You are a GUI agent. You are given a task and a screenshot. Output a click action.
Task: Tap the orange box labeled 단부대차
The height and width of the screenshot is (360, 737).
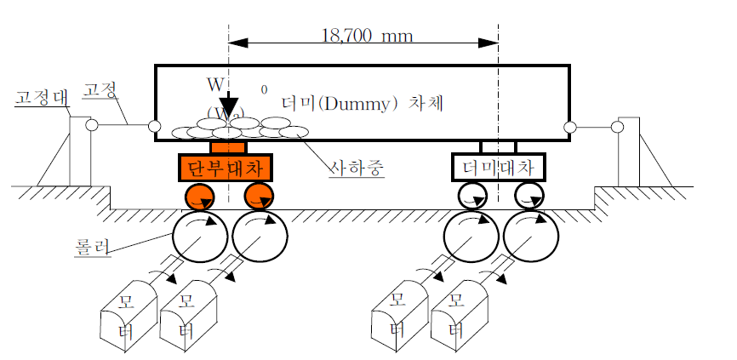point(228,167)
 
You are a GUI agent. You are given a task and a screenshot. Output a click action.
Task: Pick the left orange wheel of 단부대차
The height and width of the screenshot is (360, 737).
point(200,197)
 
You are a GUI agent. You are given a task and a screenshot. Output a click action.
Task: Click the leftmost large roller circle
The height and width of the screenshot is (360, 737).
point(197,236)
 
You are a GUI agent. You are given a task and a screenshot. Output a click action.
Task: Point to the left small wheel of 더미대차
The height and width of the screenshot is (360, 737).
point(471,197)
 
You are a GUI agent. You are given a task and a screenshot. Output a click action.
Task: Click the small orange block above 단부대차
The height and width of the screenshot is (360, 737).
point(228,147)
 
